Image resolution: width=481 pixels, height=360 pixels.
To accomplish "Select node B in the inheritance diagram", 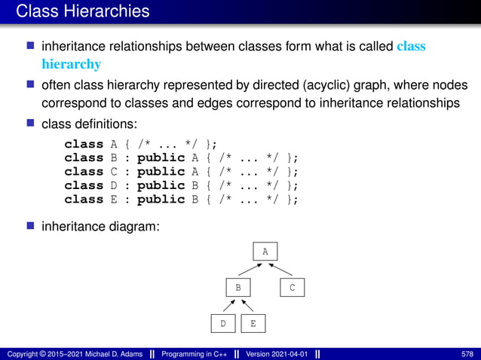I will pyautogui.click(x=237, y=288).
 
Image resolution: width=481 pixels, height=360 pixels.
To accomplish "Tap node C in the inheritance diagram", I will pyautogui.click(x=293, y=288).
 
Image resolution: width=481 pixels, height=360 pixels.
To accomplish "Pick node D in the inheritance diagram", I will pyautogui.click(x=223, y=324).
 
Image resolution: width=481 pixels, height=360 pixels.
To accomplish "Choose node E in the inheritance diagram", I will pyautogui.click(x=253, y=324).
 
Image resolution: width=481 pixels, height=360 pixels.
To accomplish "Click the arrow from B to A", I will pyautogui.click(x=251, y=270).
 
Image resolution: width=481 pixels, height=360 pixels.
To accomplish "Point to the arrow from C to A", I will pyautogui.click(x=279, y=270).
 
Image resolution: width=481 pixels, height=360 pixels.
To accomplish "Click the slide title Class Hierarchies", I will pyautogui.click(x=82, y=11).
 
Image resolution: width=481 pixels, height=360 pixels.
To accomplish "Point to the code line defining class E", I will pyautogui.click(x=181, y=200).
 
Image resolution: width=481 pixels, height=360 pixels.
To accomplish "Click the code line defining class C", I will pyautogui.click(x=181, y=172).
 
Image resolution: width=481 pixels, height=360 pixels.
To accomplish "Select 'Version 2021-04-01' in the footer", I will pyautogui.click(x=276, y=353).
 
